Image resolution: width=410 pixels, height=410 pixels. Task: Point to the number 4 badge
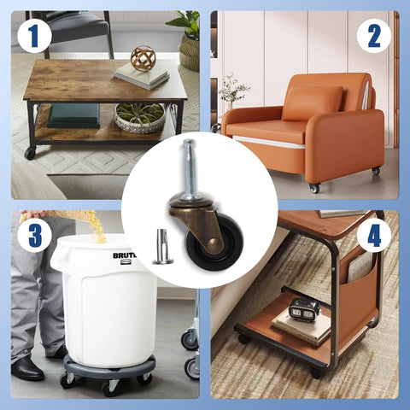coord(373,234)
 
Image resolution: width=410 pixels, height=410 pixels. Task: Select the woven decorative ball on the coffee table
coord(143,58)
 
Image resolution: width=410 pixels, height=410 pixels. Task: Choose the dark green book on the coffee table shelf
coord(73,115)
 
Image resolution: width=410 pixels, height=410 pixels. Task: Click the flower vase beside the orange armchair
coord(231,94)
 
